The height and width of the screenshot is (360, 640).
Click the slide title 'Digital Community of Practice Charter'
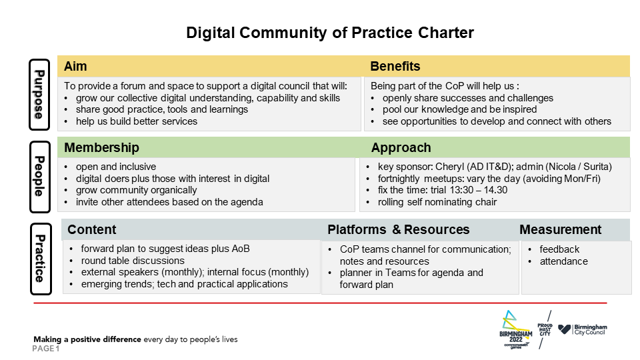point(330,33)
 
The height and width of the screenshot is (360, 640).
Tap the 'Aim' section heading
point(75,66)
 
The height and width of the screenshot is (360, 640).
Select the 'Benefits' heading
point(395,66)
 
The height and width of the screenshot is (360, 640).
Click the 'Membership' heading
point(101,147)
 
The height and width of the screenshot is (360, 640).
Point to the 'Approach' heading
point(401,148)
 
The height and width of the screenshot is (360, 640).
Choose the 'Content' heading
point(92,229)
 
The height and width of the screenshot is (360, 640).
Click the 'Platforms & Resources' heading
point(399,229)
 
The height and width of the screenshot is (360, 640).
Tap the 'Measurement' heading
point(561,229)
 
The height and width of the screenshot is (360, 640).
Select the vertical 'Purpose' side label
point(39,95)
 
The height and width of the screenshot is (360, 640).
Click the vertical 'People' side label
point(39,177)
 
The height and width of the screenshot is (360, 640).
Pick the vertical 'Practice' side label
point(41,259)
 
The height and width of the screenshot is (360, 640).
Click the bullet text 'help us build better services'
point(136,121)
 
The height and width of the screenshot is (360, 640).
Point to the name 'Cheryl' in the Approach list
point(450,167)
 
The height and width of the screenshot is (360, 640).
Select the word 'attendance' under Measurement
point(564,261)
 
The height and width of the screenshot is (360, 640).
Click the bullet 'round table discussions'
point(133,261)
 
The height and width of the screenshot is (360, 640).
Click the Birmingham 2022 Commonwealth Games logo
point(516,330)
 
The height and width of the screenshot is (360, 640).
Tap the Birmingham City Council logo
point(583,330)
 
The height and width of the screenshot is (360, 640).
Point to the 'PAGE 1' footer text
point(46,349)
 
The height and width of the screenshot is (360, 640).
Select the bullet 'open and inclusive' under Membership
point(116,167)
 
